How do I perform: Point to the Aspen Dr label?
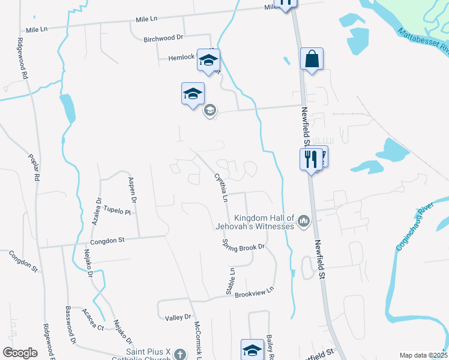[133, 189]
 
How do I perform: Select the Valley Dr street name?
[178, 316]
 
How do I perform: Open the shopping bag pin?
[312, 59]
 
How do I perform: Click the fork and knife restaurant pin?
[311, 159]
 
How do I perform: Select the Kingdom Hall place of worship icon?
[304, 223]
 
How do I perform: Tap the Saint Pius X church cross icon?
[179, 354]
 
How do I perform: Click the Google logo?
[20, 353]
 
